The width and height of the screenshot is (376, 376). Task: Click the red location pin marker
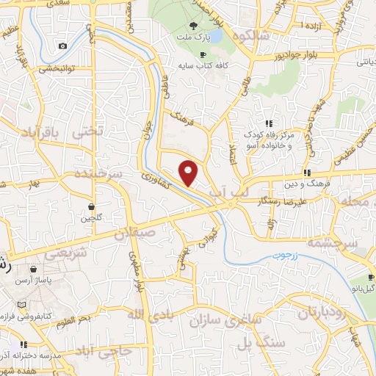(189, 173)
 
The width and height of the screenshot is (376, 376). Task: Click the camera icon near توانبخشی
(62, 46)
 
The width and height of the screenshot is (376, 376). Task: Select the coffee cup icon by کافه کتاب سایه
(203, 54)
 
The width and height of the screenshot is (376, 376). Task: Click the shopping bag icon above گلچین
(90, 207)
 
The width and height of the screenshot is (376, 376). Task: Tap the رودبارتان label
(327, 314)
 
